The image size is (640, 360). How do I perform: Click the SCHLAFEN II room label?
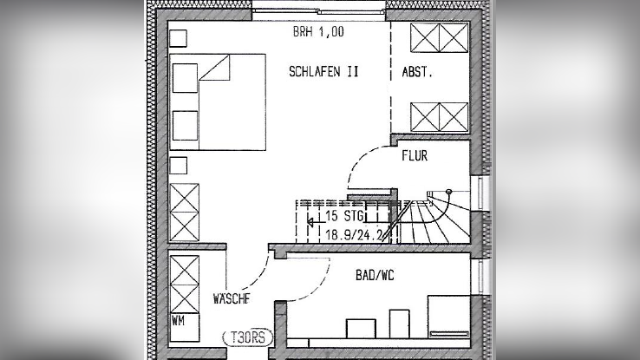323,72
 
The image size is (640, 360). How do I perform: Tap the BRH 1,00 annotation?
318,32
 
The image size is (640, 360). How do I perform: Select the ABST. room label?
417,72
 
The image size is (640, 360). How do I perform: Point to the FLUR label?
415,155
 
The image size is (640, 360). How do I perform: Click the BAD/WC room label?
375,276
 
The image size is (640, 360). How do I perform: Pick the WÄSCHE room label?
232,298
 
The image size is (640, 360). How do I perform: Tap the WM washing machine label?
178,321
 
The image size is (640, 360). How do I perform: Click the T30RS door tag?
247,337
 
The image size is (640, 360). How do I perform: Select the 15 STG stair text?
344,215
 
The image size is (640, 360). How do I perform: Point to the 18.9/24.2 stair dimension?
354,235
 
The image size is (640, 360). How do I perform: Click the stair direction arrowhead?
310,222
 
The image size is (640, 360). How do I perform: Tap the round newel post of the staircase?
449,192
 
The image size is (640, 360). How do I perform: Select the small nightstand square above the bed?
178,38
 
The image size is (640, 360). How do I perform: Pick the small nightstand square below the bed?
179,166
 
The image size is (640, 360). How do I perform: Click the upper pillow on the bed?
185,77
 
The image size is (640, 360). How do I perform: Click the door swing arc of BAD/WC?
319,288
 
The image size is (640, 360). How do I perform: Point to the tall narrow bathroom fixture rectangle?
399,324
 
